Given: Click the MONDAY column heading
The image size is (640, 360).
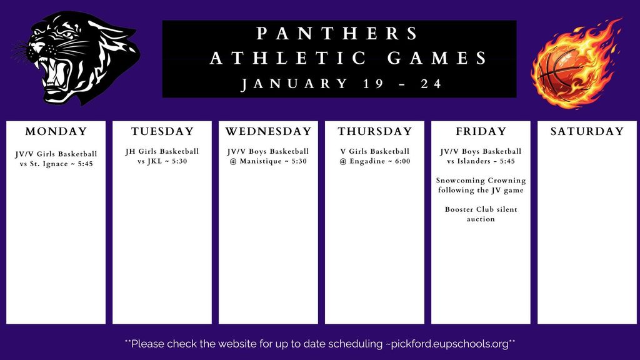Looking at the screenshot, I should tap(56, 131).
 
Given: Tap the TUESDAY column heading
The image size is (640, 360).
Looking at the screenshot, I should tap(162, 131).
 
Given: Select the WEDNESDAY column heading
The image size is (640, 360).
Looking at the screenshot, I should tap(268, 131).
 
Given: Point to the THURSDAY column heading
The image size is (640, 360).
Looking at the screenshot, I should tap(375, 131).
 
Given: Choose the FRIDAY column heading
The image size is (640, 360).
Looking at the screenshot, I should tap(481, 131).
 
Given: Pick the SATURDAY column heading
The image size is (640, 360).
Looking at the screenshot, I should tap(587, 131).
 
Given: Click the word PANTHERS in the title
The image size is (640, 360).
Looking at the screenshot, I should tap(338, 33).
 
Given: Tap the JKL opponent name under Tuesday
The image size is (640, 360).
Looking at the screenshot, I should tap(155, 161).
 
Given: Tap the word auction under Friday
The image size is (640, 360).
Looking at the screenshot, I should tap(481, 219).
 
